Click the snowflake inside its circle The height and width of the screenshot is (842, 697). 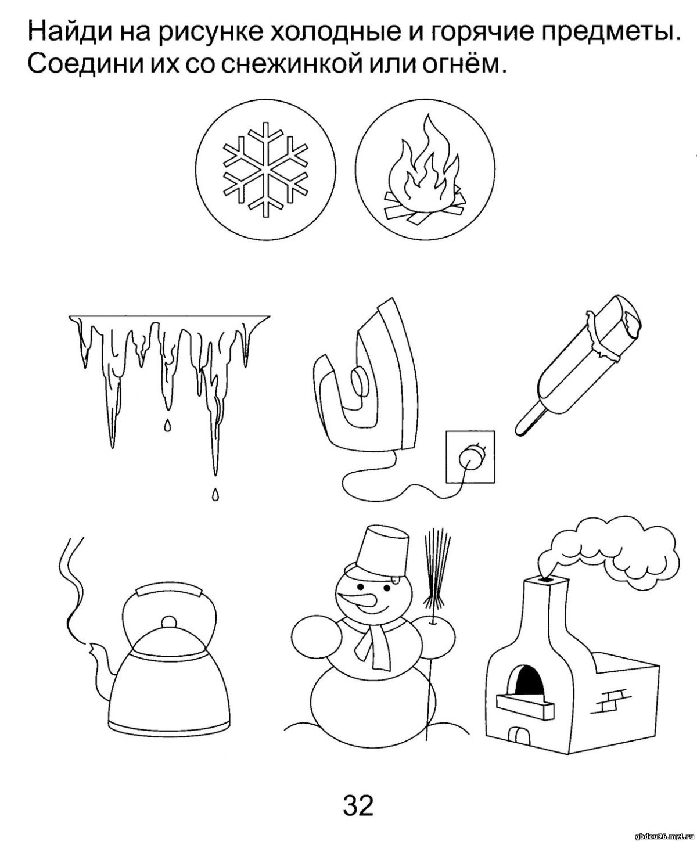pos(265,170)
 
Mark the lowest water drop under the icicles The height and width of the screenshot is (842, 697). pos(215,494)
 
